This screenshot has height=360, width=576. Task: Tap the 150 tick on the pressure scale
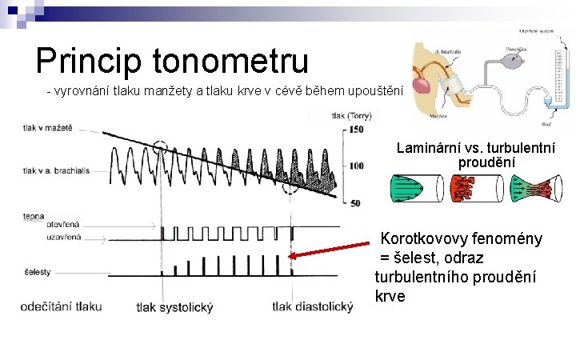click(356, 130)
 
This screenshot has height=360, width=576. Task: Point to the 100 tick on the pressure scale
click(356, 166)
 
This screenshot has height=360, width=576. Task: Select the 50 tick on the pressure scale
click(356, 202)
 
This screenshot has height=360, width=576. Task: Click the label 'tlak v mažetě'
click(48, 128)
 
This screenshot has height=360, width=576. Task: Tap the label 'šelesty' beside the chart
click(38, 272)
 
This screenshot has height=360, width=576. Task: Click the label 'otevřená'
click(63, 226)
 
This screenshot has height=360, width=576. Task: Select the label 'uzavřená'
click(64, 237)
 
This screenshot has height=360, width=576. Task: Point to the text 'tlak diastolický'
click(312, 306)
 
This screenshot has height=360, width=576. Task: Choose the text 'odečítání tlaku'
click(62, 306)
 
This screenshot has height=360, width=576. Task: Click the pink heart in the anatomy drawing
click(420, 82)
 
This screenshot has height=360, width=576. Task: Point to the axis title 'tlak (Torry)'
click(350, 117)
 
